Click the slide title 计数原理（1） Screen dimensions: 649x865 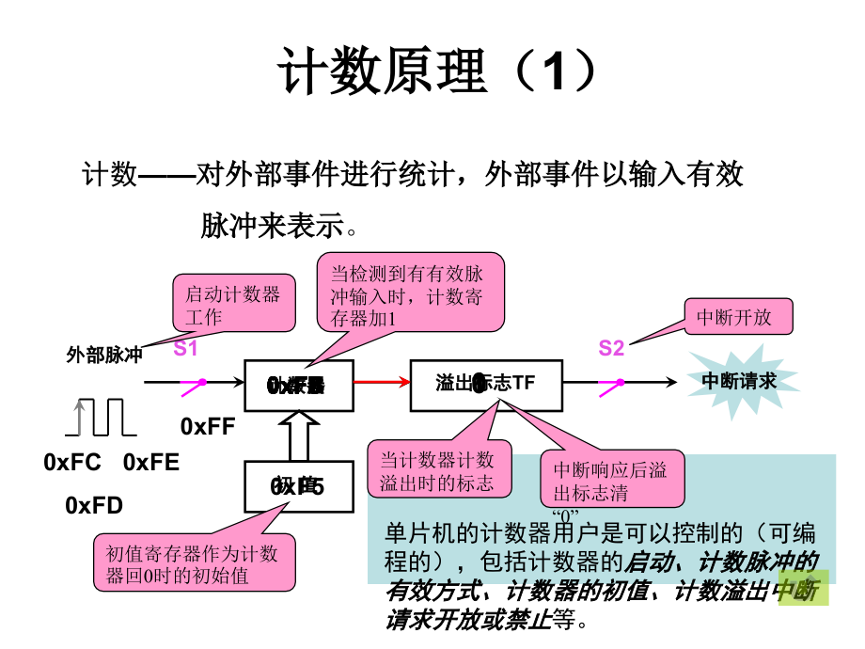(437, 72)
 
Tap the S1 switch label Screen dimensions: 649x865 (185, 349)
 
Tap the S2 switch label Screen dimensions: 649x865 (611, 349)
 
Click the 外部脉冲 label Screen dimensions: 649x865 (104, 356)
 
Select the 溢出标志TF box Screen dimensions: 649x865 (486, 384)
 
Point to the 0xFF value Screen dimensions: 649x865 (207, 426)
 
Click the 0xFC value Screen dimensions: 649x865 (72, 463)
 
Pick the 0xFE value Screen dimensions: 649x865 (151, 463)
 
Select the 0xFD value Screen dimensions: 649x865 (94, 506)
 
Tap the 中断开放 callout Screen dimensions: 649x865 (737, 317)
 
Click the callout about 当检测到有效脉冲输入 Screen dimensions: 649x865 (409, 295)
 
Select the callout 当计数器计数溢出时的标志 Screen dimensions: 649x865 (436, 470)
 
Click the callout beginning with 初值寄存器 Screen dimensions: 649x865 (192, 563)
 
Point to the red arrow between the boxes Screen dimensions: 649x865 (381, 382)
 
